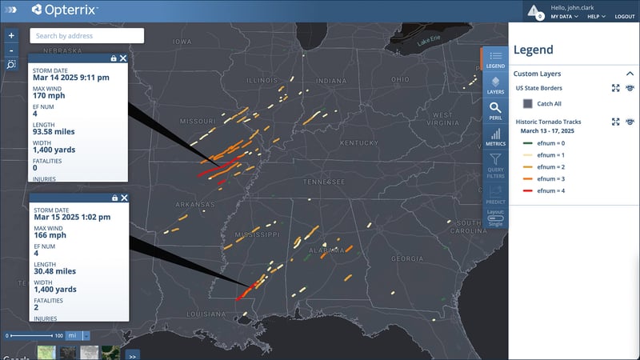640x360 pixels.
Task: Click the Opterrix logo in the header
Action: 64,10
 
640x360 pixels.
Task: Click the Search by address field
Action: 87,35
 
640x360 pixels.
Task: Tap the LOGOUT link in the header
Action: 625,17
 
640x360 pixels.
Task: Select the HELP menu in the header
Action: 596,17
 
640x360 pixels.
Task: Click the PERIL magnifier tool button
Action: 495,109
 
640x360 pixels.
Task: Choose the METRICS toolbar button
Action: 495,137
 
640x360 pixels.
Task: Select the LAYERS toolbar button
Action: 495,84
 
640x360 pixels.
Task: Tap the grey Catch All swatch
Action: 528,103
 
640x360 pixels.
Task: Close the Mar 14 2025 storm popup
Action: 123,58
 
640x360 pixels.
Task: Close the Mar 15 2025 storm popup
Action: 123,198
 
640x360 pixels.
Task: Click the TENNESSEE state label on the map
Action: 323,181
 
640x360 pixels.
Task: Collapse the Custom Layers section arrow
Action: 630,74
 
